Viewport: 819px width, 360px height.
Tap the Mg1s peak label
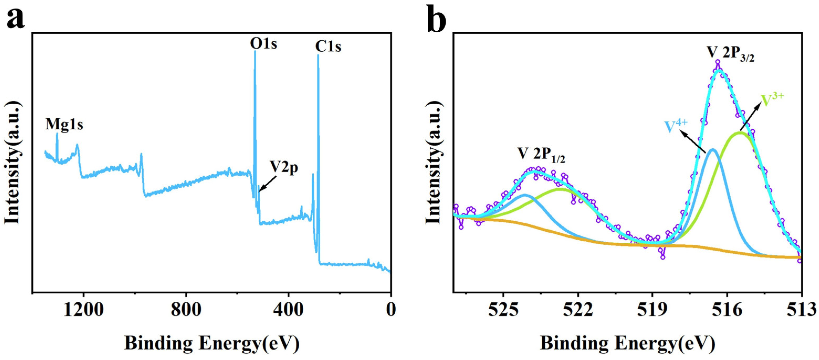[64, 124]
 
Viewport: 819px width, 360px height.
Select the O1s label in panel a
[263, 44]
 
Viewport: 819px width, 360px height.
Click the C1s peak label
[328, 47]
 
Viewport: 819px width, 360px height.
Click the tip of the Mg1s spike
[57, 134]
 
